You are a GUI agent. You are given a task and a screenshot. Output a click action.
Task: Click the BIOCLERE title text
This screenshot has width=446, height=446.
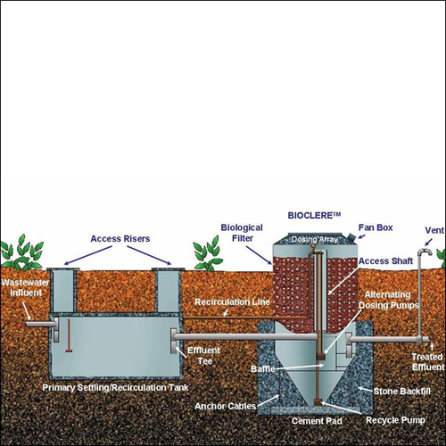point(314,215)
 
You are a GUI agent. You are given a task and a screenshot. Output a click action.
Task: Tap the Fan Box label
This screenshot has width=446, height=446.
point(376,227)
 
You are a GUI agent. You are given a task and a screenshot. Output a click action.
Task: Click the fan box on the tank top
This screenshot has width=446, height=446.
point(351,237)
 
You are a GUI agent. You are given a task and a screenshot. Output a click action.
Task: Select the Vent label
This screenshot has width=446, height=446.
point(434,230)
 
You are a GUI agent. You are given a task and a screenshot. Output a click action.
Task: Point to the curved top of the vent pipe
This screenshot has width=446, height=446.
point(425,252)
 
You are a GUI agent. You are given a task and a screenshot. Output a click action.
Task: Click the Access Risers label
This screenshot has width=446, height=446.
point(120,239)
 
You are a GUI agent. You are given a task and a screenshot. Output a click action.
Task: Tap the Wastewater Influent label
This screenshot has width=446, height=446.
point(25,287)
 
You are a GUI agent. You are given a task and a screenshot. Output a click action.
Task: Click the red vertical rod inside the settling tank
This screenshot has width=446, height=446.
point(69,336)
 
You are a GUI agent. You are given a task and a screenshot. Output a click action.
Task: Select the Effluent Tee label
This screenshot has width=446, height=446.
point(204,356)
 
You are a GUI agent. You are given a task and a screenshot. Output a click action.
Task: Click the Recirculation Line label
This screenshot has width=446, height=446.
point(232,302)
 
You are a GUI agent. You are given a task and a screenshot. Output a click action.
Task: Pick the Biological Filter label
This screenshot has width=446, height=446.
point(242,233)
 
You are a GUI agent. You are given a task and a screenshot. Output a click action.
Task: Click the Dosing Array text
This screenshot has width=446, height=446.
point(314,239)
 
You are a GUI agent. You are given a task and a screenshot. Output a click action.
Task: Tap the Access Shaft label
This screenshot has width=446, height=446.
point(385,261)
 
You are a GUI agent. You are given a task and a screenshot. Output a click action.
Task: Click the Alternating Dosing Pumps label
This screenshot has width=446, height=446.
point(388,300)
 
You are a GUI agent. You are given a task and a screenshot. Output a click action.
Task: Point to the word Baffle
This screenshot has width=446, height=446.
point(263,369)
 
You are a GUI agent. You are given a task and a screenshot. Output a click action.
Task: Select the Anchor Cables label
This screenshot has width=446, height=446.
point(226,406)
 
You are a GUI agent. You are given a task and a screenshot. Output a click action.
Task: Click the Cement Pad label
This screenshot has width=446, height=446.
point(317,421)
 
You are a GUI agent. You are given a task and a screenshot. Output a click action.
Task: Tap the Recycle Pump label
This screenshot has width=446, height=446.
point(395,420)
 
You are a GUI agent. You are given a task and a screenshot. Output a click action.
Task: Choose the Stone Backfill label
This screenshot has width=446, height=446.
point(402,392)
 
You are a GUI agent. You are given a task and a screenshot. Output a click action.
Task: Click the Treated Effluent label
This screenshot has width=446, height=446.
point(428,362)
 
